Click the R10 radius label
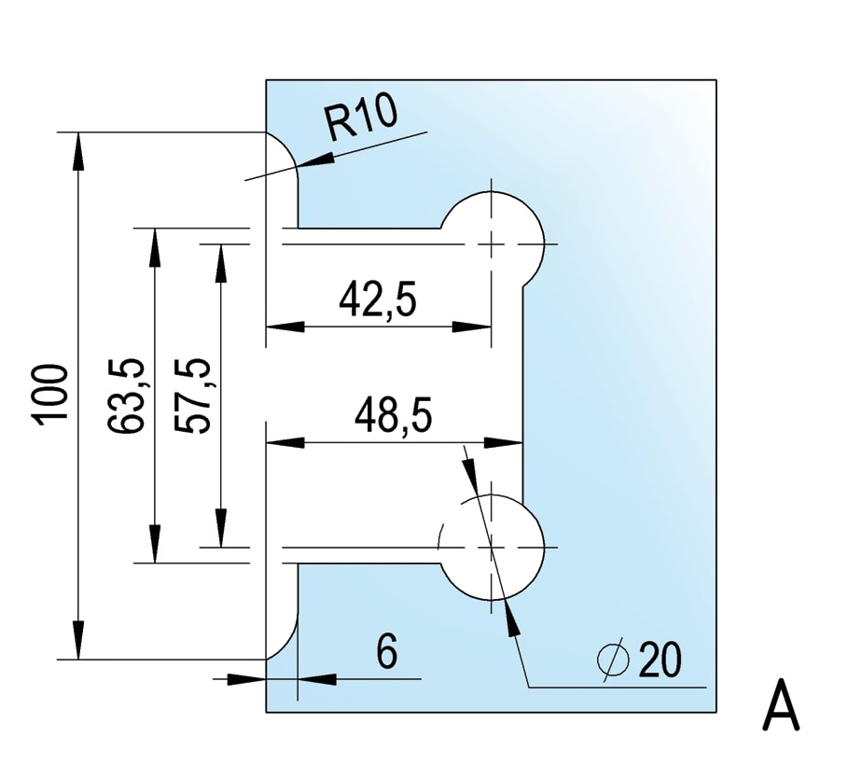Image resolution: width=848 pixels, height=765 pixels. point(361,121)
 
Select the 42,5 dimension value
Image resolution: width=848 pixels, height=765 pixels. point(377,300)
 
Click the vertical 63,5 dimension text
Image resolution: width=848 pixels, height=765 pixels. point(126,396)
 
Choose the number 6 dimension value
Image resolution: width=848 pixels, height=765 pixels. point(388,650)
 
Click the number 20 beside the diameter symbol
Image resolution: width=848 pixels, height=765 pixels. point(660,661)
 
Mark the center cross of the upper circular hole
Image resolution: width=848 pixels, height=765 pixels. point(491,244)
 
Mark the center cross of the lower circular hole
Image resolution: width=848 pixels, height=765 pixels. point(491,547)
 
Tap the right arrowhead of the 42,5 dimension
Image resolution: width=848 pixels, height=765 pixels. point(479,327)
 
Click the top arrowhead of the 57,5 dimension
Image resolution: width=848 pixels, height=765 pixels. point(220,256)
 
